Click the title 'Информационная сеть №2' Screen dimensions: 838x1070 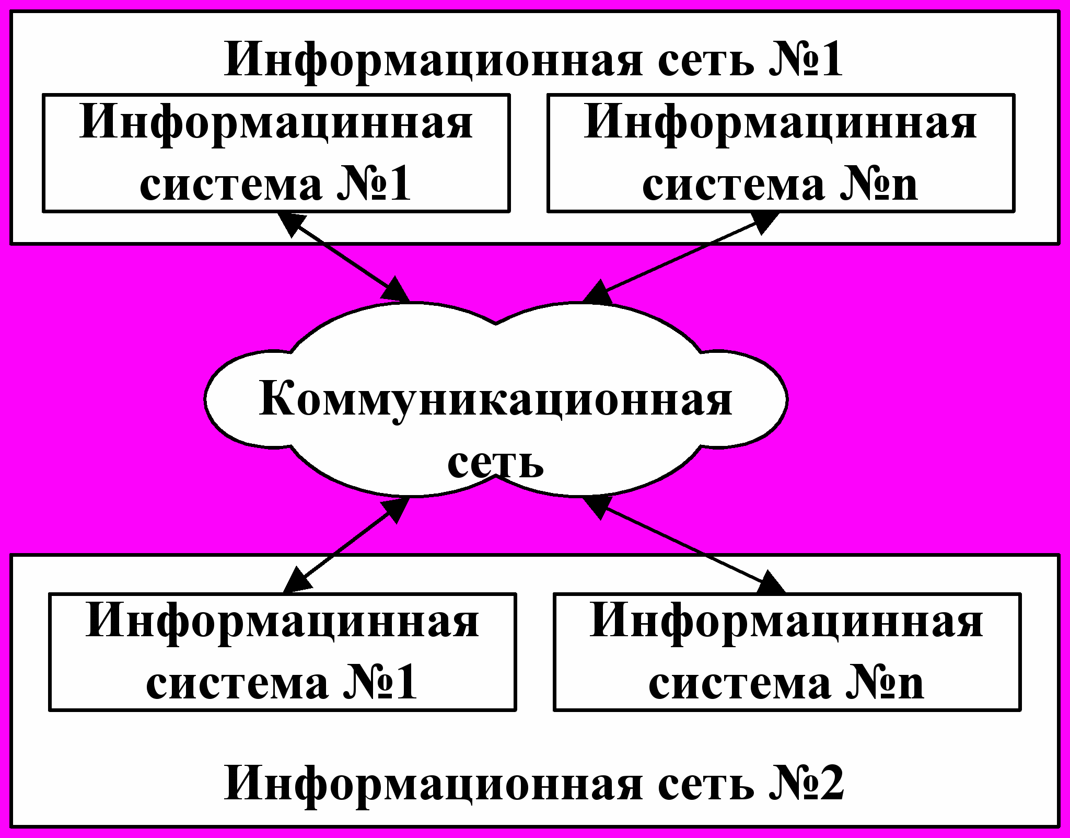pyautogui.click(x=533, y=784)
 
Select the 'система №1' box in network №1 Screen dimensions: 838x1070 pyautogui.click(x=276, y=153)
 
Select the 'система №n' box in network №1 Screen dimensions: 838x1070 pyautogui.click(x=781, y=153)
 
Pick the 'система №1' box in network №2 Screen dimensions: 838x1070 pyautogui.click(x=282, y=652)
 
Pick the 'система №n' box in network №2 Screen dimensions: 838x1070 pyautogui.click(x=787, y=652)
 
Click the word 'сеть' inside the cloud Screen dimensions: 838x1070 pyautogui.click(x=495, y=461)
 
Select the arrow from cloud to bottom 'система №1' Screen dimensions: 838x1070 pyautogui.click(x=345, y=545)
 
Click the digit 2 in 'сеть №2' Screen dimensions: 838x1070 pyautogui.click(x=829, y=784)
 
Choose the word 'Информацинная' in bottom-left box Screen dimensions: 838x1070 pyautogui.click(x=282, y=622)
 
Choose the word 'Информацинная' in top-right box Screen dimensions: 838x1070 pyautogui.click(x=781, y=123)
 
